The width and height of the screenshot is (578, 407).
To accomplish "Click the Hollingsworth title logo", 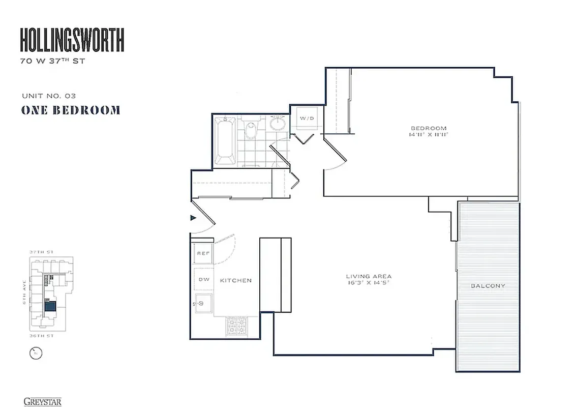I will [x=72, y=41].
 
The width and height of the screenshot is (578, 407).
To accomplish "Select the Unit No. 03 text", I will [x=49, y=96].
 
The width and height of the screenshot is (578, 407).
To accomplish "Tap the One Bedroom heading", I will [x=71, y=110].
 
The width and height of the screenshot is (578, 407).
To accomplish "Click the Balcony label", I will [x=488, y=286].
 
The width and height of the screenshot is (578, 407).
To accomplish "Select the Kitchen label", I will [x=235, y=280].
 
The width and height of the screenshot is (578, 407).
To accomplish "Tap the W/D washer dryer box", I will [x=307, y=119].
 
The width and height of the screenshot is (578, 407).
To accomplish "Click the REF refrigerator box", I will [x=203, y=253].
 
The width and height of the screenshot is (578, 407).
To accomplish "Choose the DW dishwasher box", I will [x=203, y=279].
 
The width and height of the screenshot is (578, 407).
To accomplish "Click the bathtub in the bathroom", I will [x=225, y=140].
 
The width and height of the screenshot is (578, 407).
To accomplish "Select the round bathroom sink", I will [x=278, y=123].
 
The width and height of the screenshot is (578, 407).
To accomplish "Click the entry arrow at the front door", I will [x=193, y=218].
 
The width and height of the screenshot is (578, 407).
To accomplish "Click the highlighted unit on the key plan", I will [x=50, y=306].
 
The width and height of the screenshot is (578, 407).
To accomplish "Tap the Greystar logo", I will [x=42, y=401].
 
